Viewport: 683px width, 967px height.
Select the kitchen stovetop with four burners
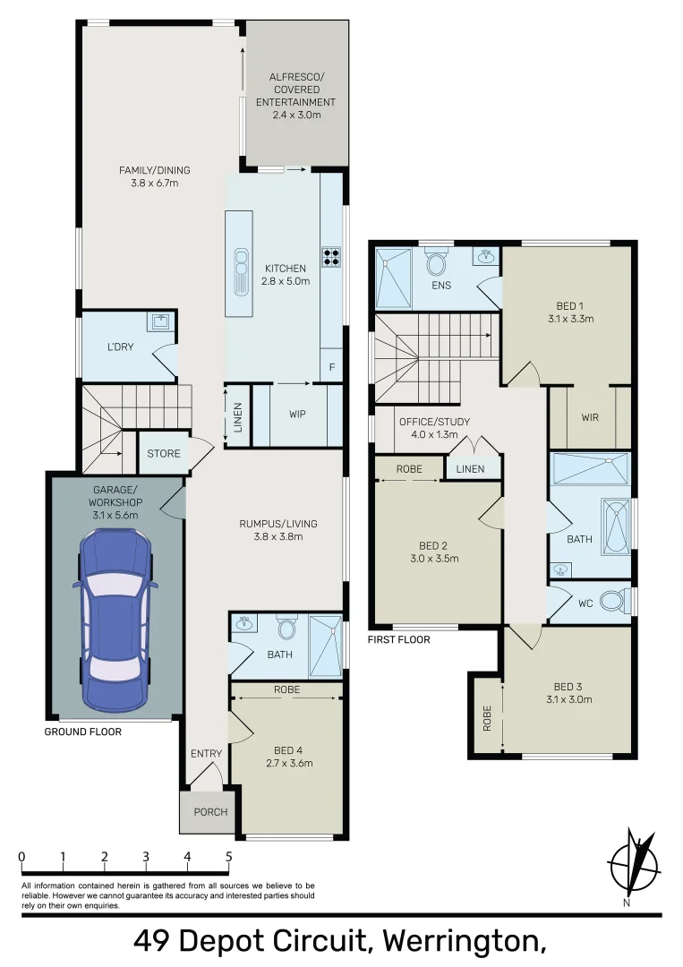[331, 257]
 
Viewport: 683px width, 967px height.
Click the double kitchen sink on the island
[241, 270]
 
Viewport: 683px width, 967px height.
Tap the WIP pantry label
[298, 415]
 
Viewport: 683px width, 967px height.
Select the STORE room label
[164, 454]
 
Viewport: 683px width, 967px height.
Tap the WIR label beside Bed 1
[589, 417]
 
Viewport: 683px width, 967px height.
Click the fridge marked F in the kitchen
[332, 366]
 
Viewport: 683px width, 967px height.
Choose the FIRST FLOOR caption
[399, 640]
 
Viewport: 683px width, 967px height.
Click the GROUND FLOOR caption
[82, 732]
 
